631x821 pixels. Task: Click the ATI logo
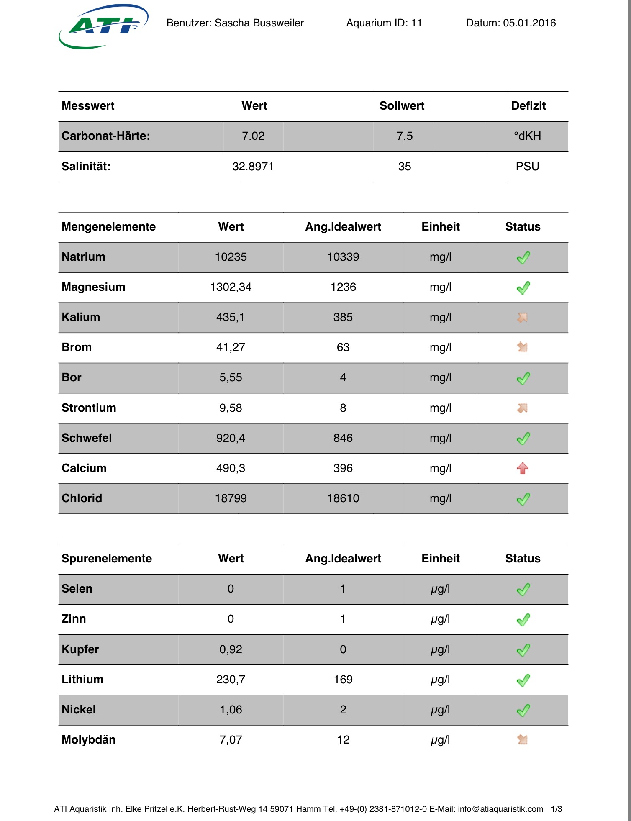pos(103,26)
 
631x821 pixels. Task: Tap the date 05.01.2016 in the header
pos(529,23)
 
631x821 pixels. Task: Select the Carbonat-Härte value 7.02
pos(253,136)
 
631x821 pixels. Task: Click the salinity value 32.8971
pos(253,167)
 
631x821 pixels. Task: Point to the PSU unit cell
pos(527,167)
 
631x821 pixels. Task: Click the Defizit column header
pos(528,106)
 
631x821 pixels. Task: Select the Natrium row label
pos(84,257)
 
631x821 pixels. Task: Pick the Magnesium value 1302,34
pos(231,287)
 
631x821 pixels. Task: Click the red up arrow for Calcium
pos(523,468)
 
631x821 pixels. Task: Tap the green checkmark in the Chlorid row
pos(523,499)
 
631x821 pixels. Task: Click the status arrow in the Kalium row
pos(522,318)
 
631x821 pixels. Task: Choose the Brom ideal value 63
pos(343,347)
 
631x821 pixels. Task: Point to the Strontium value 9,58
pos(231,408)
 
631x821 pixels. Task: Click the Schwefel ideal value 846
pos(343,438)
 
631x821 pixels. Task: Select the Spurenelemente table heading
pos(107,559)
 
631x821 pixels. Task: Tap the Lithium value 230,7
pos(231,680)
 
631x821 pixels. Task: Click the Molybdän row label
pos(89,740)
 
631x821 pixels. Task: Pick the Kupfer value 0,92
pos(231,649)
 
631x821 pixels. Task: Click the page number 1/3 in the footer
pos(557,809)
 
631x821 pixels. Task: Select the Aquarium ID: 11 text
pos(384,23)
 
